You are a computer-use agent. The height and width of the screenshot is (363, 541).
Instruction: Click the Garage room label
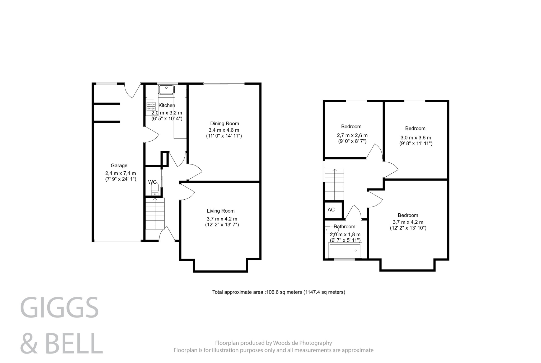[x=119, y=166]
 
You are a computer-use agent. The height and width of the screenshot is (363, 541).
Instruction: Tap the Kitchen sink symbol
[x=166, y=89]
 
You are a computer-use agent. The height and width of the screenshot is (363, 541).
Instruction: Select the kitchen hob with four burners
[x=151, y=106]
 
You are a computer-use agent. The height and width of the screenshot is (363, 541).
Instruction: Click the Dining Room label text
[x=224, y=123]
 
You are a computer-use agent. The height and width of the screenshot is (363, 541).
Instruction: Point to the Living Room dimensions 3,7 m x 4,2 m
[x=222, y=219]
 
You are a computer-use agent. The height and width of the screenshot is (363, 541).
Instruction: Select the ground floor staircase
[x=155, y=214]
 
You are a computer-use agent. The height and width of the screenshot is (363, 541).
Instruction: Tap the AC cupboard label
[x=331, y=210]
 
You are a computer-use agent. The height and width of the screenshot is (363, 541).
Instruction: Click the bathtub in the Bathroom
[x=345, y=250]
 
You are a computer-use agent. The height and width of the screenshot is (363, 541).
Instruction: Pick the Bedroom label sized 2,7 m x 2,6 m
[x=351, y=126]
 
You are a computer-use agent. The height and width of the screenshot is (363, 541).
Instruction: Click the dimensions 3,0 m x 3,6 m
[x=416, y=138]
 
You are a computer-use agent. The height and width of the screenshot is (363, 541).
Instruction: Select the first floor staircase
[x=334, y=184]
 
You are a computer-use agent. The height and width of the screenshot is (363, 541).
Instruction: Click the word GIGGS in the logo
[x=59, y=308]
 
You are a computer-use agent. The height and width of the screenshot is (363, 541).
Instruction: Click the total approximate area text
[x=278, y=292]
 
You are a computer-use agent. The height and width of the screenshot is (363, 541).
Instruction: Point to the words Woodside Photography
[x=302, y=343]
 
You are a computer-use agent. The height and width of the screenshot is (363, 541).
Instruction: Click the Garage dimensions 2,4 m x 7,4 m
[x=120, y=173]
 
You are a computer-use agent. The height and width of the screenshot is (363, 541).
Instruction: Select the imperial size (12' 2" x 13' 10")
[x=408, y=228]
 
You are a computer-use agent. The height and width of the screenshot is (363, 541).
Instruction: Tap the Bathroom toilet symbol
[x=331, y=229]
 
